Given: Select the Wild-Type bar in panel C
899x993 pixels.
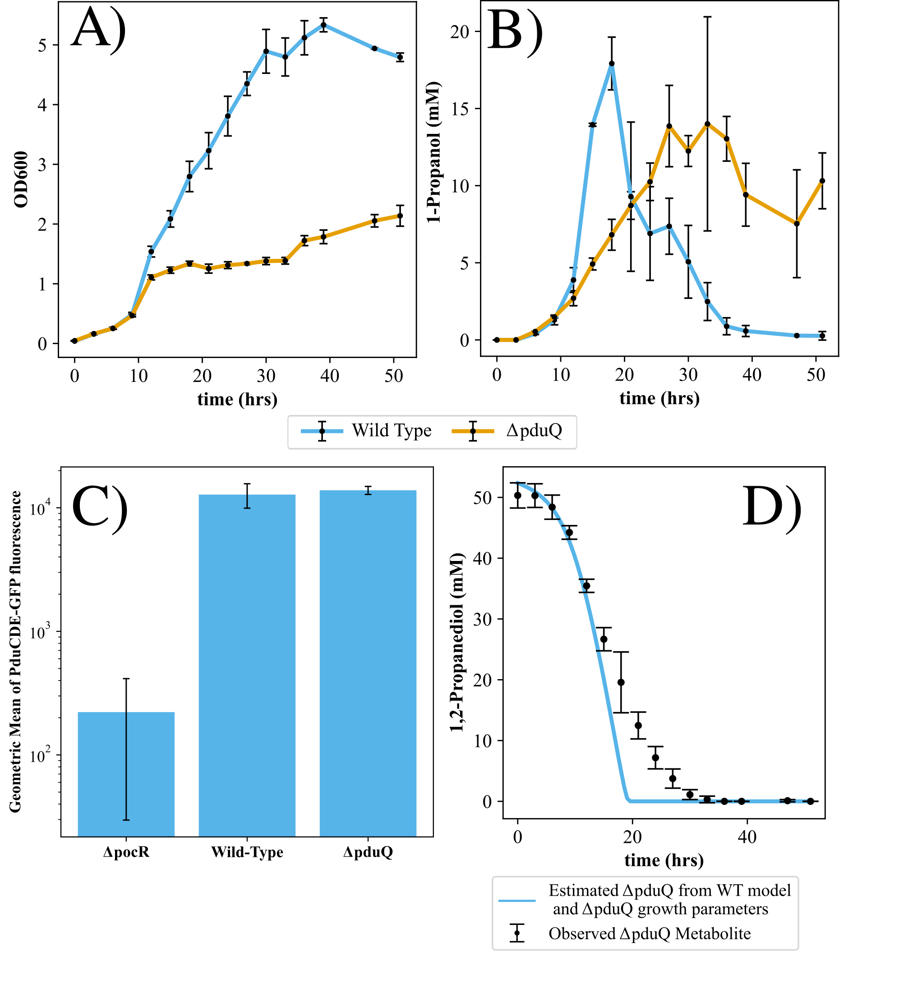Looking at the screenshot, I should pyautogui.click(x=247, y=665).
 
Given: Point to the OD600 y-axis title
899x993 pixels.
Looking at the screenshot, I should pyautogui.click(x=21, y=179).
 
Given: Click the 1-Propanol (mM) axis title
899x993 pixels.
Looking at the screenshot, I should pyautogui.click(x=433, y=153).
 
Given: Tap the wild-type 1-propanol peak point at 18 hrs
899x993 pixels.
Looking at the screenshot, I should pyautogui.click(x=611, y=64).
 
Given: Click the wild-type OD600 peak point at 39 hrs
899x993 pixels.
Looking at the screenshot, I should pyautogui.click(x=323, y=25).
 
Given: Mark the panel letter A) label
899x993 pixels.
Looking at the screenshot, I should pyautogui.click(x=98, y=30).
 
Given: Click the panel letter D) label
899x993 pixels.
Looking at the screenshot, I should pyautogui.click(x=771, y=507).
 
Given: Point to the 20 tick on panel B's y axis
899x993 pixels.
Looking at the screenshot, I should pyautogui.click(x=459, y=32).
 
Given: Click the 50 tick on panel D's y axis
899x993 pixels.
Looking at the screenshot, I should pyautogui.click(x=482, y=497).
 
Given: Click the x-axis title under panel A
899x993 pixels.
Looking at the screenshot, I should pyautogui.click(x=237, y=399).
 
